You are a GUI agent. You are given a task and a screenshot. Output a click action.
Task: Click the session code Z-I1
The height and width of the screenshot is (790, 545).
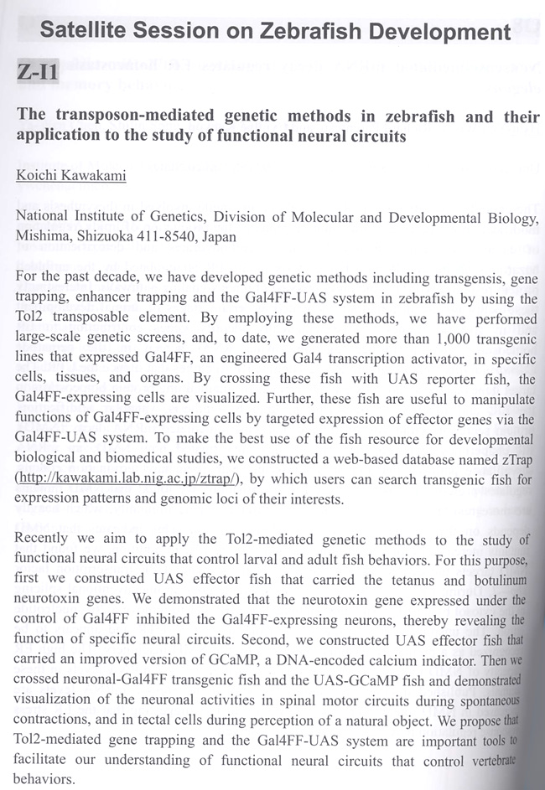click(x=36, y=74)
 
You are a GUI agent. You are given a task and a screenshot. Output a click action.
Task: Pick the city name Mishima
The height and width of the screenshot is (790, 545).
click(x=42, y=236)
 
